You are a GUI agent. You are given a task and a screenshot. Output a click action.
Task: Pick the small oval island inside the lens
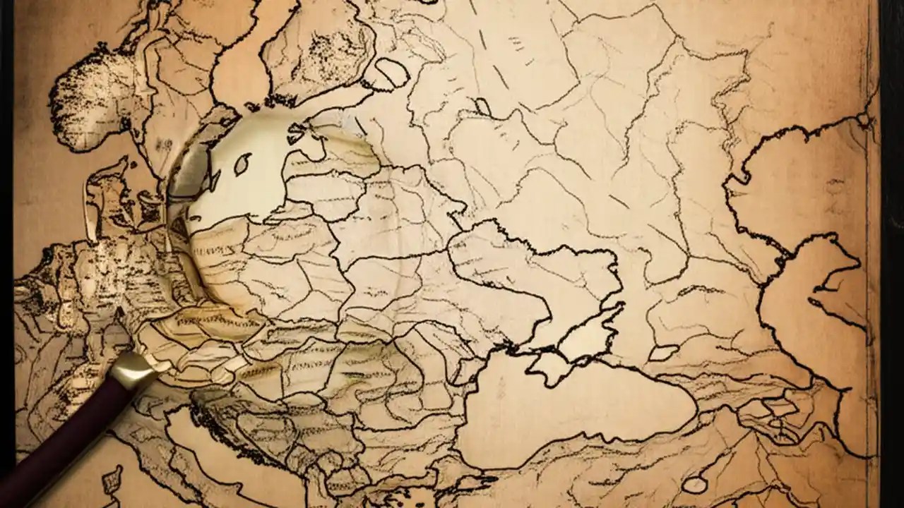pyautogui.click(x=242, y=164)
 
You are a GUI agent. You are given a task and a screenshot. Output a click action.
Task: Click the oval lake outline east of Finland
pyautogui.click(x=393, y=72)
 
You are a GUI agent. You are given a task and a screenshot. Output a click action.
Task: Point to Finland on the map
pyautogui.click(x=318, y=49)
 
